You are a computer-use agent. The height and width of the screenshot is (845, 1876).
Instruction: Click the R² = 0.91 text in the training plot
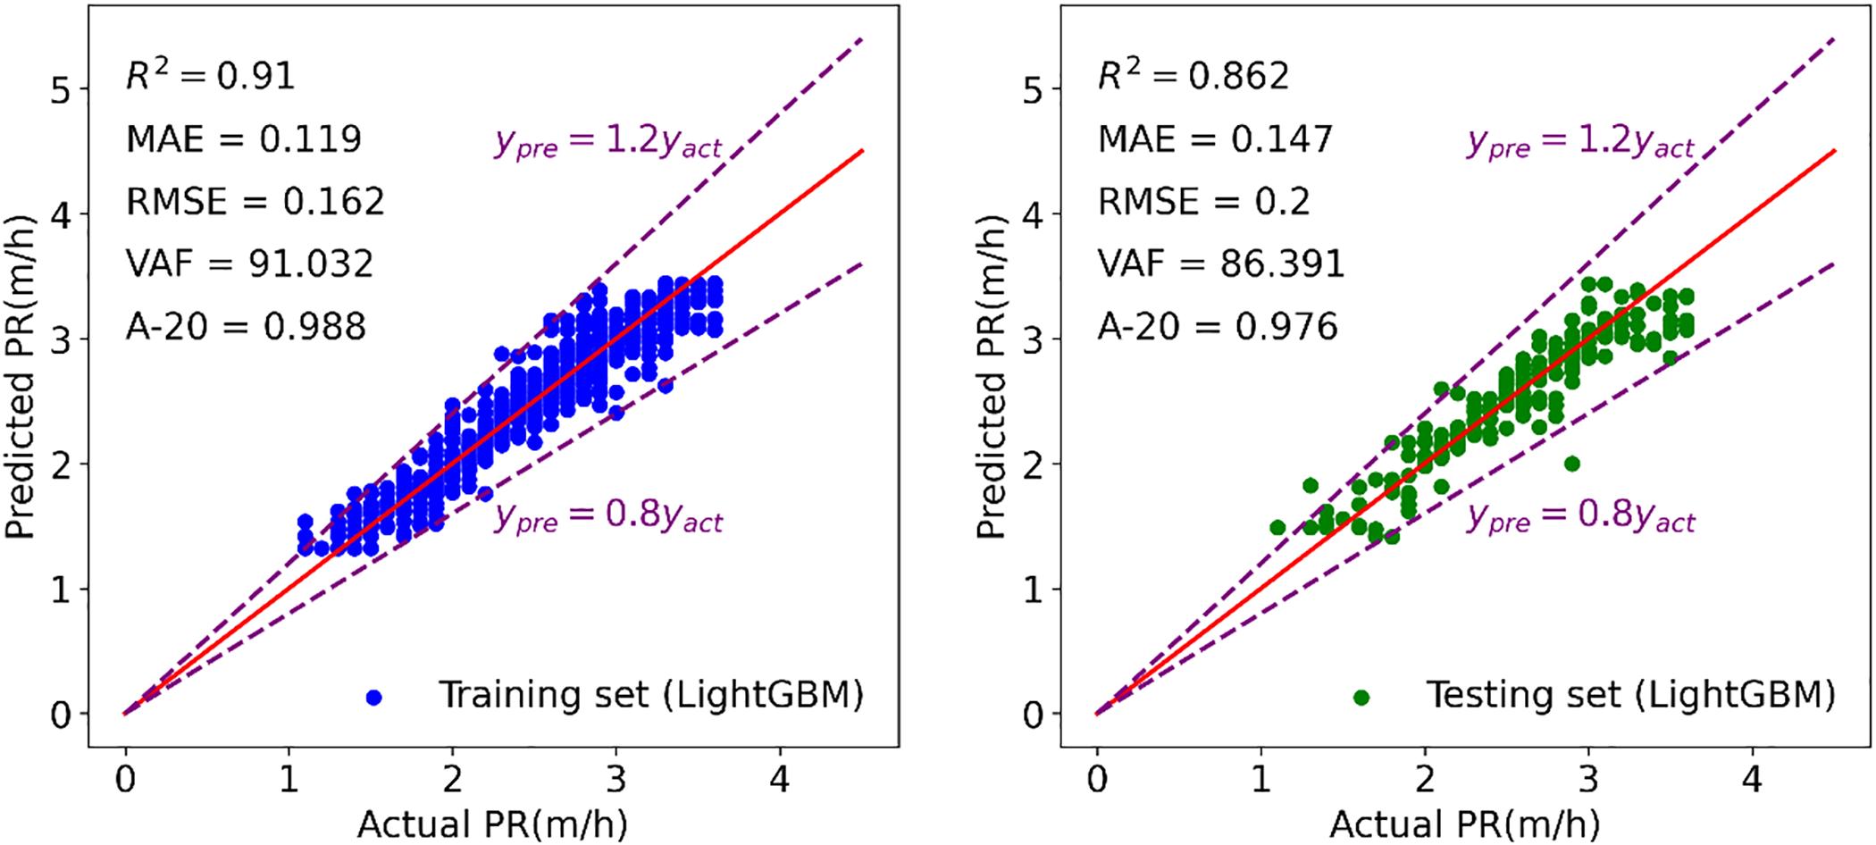[x=211, y=77]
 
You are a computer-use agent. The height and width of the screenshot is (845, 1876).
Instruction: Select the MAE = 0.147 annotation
[x=1215, y=139]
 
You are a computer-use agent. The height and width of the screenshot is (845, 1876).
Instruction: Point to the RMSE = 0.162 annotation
[x=255, y=202]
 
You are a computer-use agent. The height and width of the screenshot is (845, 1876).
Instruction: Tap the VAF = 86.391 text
[x=1221, y=264]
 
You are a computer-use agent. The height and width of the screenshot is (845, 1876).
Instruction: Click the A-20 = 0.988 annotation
[x=246, y=327]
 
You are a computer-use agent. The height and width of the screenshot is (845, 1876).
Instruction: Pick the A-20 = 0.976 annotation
[x=1218, y=327]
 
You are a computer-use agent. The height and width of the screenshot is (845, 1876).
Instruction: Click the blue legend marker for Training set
[x=374, y=698]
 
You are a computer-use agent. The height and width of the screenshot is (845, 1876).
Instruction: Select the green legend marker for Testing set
[x=1361, y=698]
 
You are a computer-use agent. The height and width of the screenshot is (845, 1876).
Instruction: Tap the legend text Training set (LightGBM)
[x=651, y=695]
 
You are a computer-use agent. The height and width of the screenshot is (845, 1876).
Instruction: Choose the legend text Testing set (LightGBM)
[x=1630, y=695]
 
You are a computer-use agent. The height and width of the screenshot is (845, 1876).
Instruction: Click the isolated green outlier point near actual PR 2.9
[x=1572, y=464]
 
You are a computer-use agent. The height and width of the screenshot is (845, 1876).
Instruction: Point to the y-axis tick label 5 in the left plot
[x=60, y=90]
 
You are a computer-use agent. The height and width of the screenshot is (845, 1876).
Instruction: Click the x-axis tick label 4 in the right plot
[x=1752, y=780]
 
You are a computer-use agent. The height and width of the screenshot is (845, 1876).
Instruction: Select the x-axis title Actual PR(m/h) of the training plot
[x=492, y=824]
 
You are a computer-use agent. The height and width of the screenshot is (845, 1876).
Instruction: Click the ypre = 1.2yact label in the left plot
[x=608, y=143]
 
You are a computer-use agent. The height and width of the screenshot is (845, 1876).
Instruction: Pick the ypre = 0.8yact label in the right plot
[x=1580, y=517]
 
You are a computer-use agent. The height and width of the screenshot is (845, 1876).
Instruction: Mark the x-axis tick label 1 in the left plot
[x=289, y=780]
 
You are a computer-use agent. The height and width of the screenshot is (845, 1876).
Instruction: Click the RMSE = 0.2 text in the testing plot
[x=1203, y=202]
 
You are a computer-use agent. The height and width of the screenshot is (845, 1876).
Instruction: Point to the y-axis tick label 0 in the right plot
[x=1034, y=715]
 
